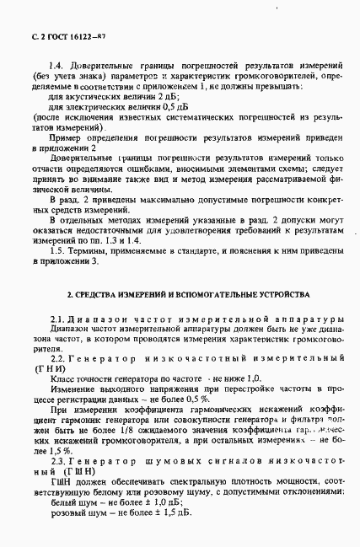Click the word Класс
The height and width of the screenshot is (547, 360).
(x=64, y=382)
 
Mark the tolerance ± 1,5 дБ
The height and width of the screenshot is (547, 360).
(x=172, y=512)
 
